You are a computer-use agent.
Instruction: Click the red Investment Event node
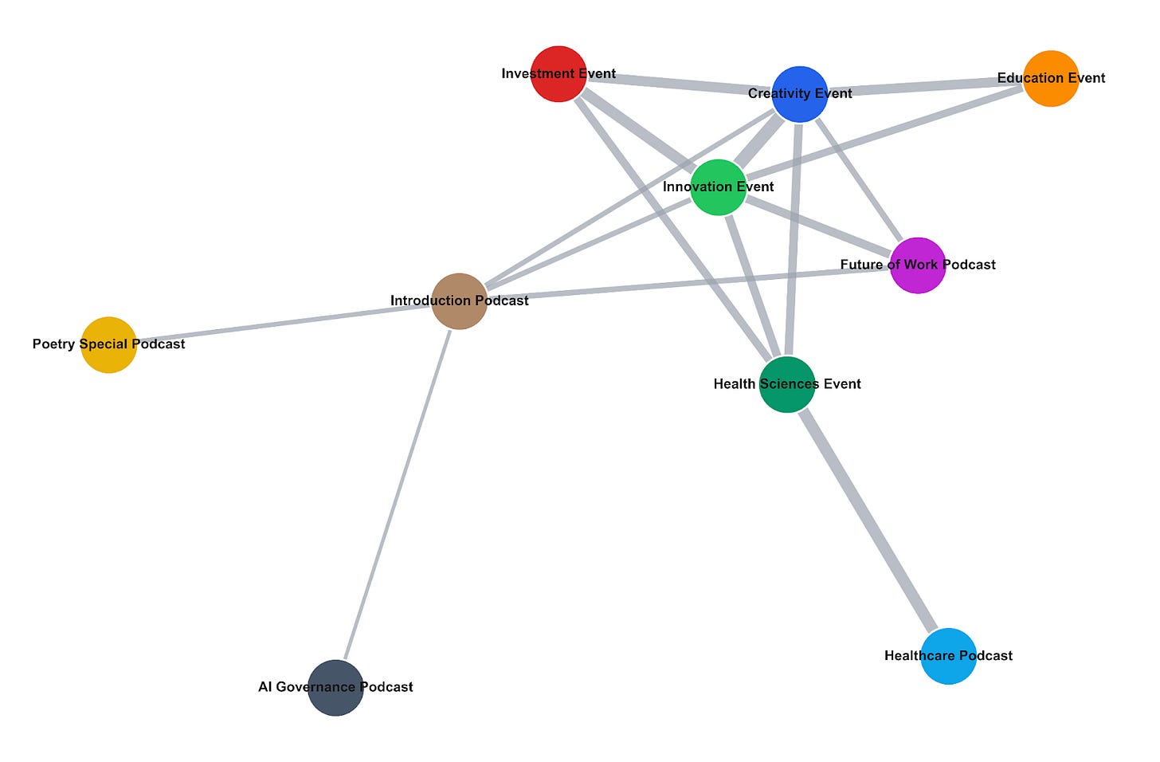tap(558, 74)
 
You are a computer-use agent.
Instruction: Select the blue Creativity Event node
tap(800, 94)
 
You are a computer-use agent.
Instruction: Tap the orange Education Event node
tap(1051, 79)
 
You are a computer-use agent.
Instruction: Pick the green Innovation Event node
tap(719, 187)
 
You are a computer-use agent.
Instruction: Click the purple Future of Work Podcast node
tap(918, 265)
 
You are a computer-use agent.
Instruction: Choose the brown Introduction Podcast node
tap(460, 301)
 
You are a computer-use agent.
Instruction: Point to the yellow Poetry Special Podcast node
tap(108, 345)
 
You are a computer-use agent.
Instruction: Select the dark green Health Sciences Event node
tap(787, 384)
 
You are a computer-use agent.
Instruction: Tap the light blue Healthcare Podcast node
tap(949, 656)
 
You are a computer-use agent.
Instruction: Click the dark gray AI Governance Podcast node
tap(335, 688)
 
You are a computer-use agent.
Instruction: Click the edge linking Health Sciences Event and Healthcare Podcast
tap(868, 520)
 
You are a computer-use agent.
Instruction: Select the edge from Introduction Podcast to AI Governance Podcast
tap(398, 495)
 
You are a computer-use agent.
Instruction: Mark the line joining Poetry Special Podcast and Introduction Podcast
tap(284, 324)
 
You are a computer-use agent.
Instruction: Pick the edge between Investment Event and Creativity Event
tap(679, 84)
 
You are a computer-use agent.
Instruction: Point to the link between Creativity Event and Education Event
tap(926, 87)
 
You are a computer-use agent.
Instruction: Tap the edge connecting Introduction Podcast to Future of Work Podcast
tap(688, 283)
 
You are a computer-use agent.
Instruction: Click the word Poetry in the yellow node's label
tap(54, 344)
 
